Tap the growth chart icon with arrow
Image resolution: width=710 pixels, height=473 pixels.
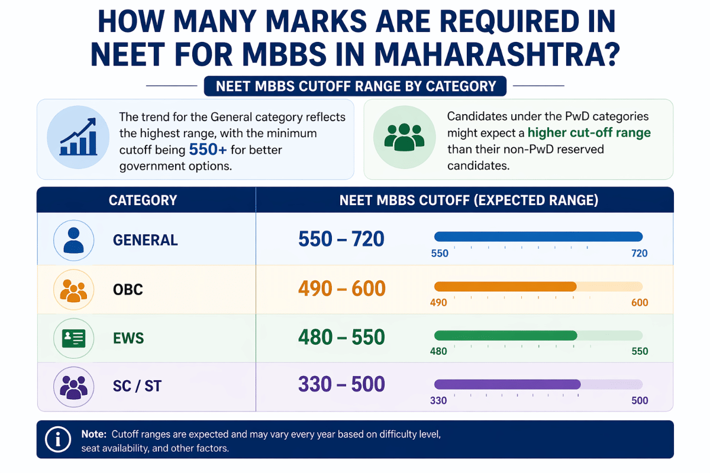(73, 140)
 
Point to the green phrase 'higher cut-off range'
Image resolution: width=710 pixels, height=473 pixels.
(589, 132)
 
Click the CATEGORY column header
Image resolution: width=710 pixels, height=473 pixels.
(143, 200)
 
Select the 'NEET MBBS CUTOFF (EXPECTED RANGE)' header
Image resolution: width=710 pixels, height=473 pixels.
(469, 200)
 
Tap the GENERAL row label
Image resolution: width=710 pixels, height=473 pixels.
(145, 240)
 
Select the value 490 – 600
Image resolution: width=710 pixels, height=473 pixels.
(341, 289)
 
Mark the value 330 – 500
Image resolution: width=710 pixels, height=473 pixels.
(341, 384)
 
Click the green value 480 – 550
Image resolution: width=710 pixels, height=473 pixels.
(341, 337)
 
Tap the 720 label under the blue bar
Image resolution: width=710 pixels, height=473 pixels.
(639, 254)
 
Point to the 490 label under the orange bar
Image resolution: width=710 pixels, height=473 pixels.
(438, 303)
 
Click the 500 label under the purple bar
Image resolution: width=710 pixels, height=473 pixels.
(640, 400)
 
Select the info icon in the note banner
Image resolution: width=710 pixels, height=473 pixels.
(58, 439)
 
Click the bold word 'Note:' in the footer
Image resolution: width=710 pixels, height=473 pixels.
(93, 434)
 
